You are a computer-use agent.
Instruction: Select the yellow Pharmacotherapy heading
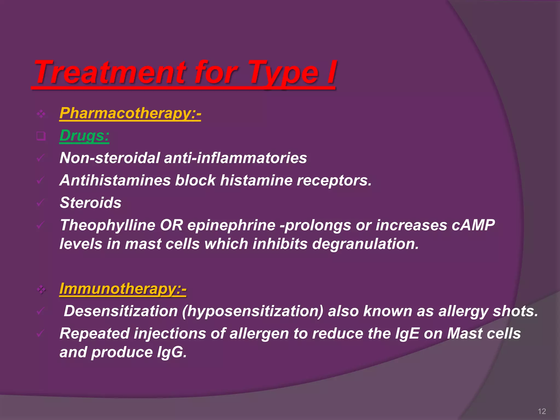click(130, 113)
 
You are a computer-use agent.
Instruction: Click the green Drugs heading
click(84, 136)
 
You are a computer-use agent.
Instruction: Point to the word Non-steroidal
click(110, 158)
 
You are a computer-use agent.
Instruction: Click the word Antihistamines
click(115, 180)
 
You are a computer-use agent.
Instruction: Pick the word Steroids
click(91, 203)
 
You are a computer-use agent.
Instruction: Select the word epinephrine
click(231, 226)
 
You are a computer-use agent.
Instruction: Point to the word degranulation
click(365, 244)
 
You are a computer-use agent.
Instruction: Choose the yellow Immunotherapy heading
click(122, 289)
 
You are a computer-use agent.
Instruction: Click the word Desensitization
click(121, 311)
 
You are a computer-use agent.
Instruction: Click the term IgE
click(407, 334)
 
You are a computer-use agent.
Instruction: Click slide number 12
click(542, 411)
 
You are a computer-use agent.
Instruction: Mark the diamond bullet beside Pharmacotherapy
click(41, 114)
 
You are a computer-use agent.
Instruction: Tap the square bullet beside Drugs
click(41, 136)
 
